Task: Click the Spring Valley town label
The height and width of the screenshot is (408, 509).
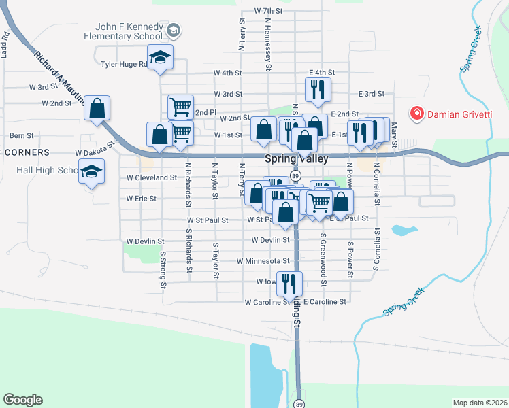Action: [296, 158]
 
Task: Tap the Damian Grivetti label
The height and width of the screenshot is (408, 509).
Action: [459, 114]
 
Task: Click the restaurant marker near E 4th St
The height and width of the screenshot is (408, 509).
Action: [318, 89]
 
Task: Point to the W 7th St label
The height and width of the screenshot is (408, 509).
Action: [267, 11]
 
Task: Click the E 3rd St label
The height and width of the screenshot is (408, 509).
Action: [371, 94]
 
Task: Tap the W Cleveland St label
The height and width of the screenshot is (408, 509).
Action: [152, 177]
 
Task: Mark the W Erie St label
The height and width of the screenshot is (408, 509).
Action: [142, 199]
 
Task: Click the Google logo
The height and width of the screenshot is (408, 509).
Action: [22, 400]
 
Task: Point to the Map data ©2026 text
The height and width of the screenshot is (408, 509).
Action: [480, 403]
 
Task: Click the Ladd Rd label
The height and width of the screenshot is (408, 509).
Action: [5, 44]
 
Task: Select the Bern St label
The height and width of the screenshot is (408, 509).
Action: [21, 136]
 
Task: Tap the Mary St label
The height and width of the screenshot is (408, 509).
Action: [394, 129]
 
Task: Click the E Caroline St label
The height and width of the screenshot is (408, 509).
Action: [325, 301]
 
